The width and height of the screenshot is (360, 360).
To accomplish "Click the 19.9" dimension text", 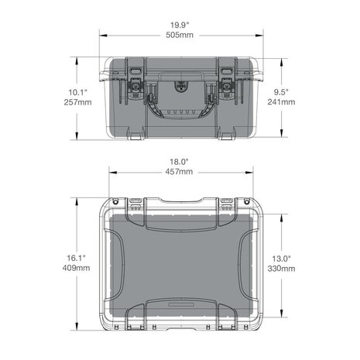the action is [x=180, y=25].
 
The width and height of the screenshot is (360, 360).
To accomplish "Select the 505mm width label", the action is [x=180, y=35].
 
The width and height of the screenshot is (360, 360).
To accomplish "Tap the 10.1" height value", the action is [x=77, y=92].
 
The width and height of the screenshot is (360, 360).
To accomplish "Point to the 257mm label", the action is [x=77, y=102].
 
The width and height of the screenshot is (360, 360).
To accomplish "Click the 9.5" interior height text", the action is [x=281, y=91].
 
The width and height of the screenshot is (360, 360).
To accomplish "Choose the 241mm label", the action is [x=281, y=101].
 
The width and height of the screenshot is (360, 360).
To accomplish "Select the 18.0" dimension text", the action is [x=179, y=162].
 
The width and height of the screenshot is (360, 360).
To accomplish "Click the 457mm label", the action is [x=179, y=172].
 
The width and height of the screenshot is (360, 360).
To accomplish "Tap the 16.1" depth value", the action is [x=77, y=258].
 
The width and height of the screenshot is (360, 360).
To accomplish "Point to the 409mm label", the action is [x=77, y=268].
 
